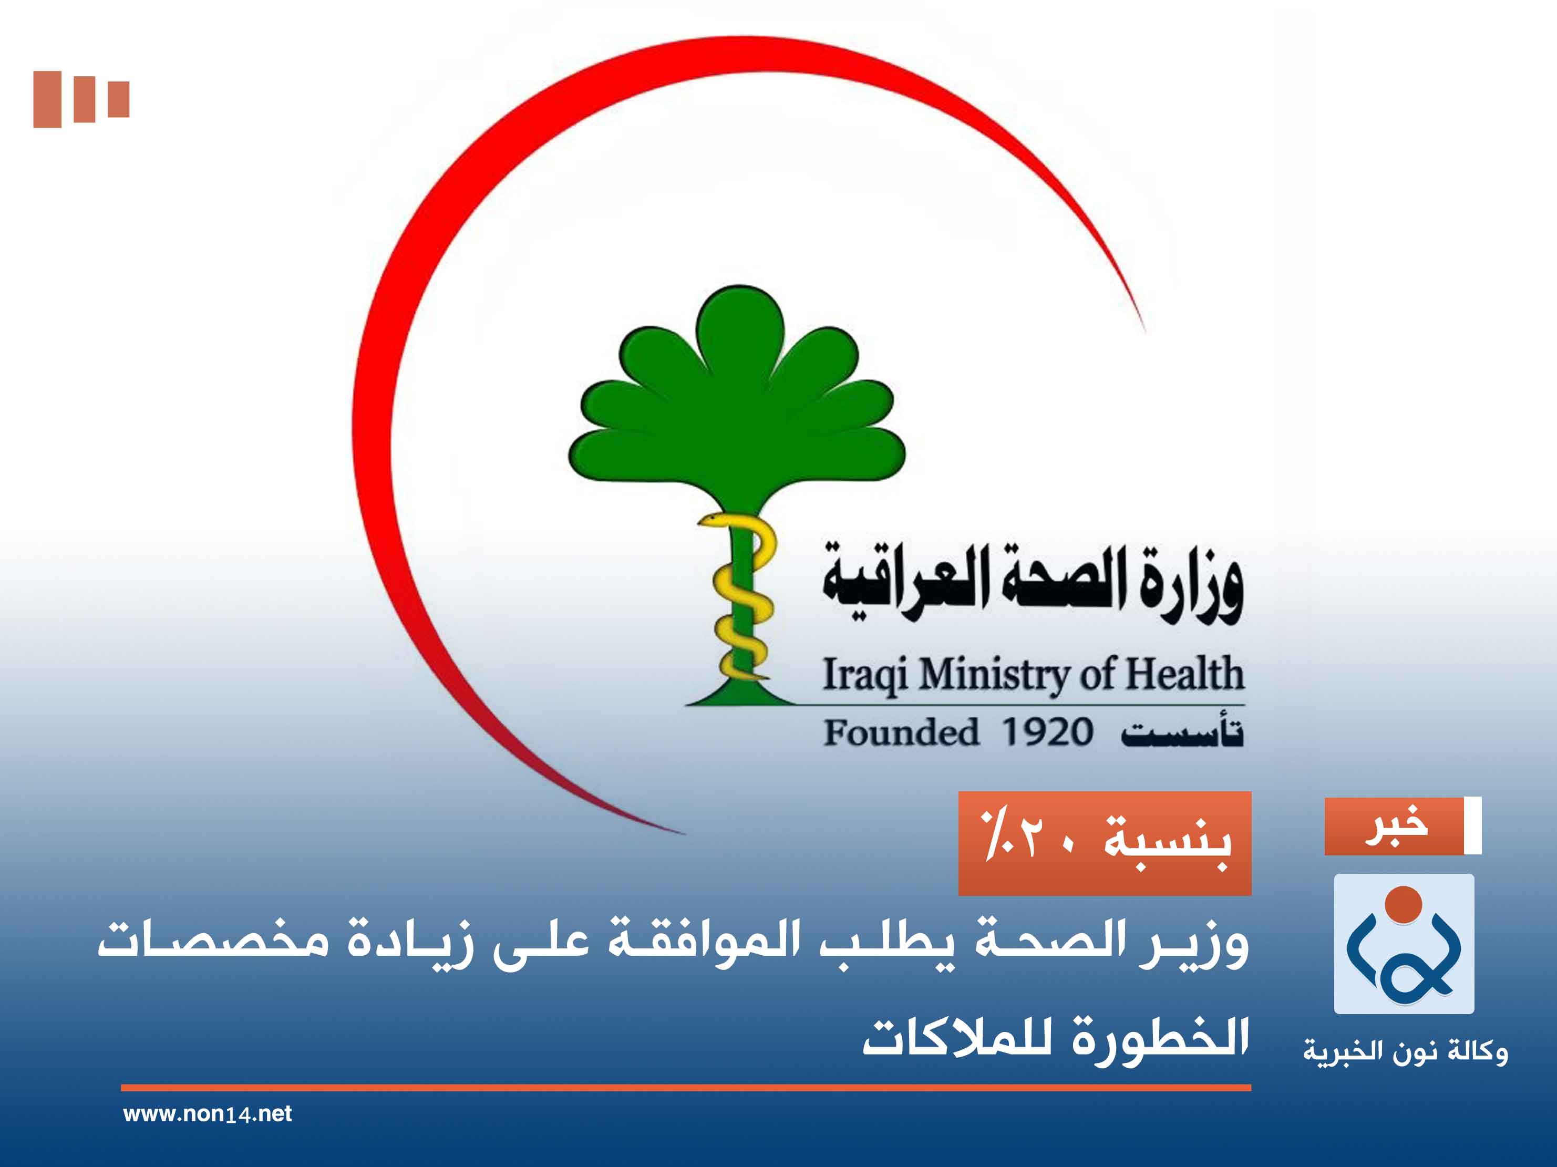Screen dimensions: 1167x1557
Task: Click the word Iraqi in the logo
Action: tap(864, 674)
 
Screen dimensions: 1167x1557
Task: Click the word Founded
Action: tap(901, 732)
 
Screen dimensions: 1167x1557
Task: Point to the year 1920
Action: tap(1047, 732)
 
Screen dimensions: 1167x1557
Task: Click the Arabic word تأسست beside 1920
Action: tap(1182, 732)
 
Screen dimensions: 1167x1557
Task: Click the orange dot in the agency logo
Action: tap(1404, 904)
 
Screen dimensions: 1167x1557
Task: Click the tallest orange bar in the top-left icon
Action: tap(47, 99)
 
